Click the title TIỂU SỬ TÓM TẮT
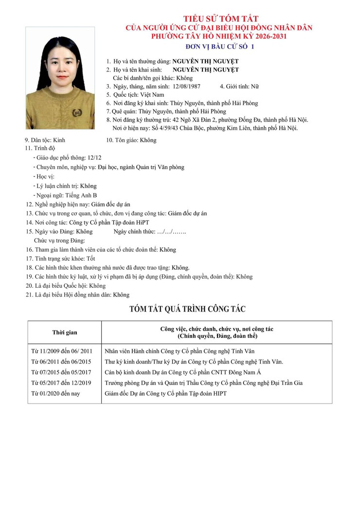[x=221, y=19]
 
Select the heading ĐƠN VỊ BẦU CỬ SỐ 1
[x=220, y=47]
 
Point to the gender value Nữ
[x=255, y=87]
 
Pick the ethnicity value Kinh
[x=59, y=140]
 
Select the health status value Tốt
[x=91, y=259]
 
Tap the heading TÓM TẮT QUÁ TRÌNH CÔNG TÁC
[x=187, y=309]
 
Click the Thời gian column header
[x=65, y=333]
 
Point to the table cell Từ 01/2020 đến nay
[x=55, y=393]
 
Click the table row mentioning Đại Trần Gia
[x=203, y=383]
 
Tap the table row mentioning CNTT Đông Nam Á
[x=183, y=372]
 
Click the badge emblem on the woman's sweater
[x=76, y=113]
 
